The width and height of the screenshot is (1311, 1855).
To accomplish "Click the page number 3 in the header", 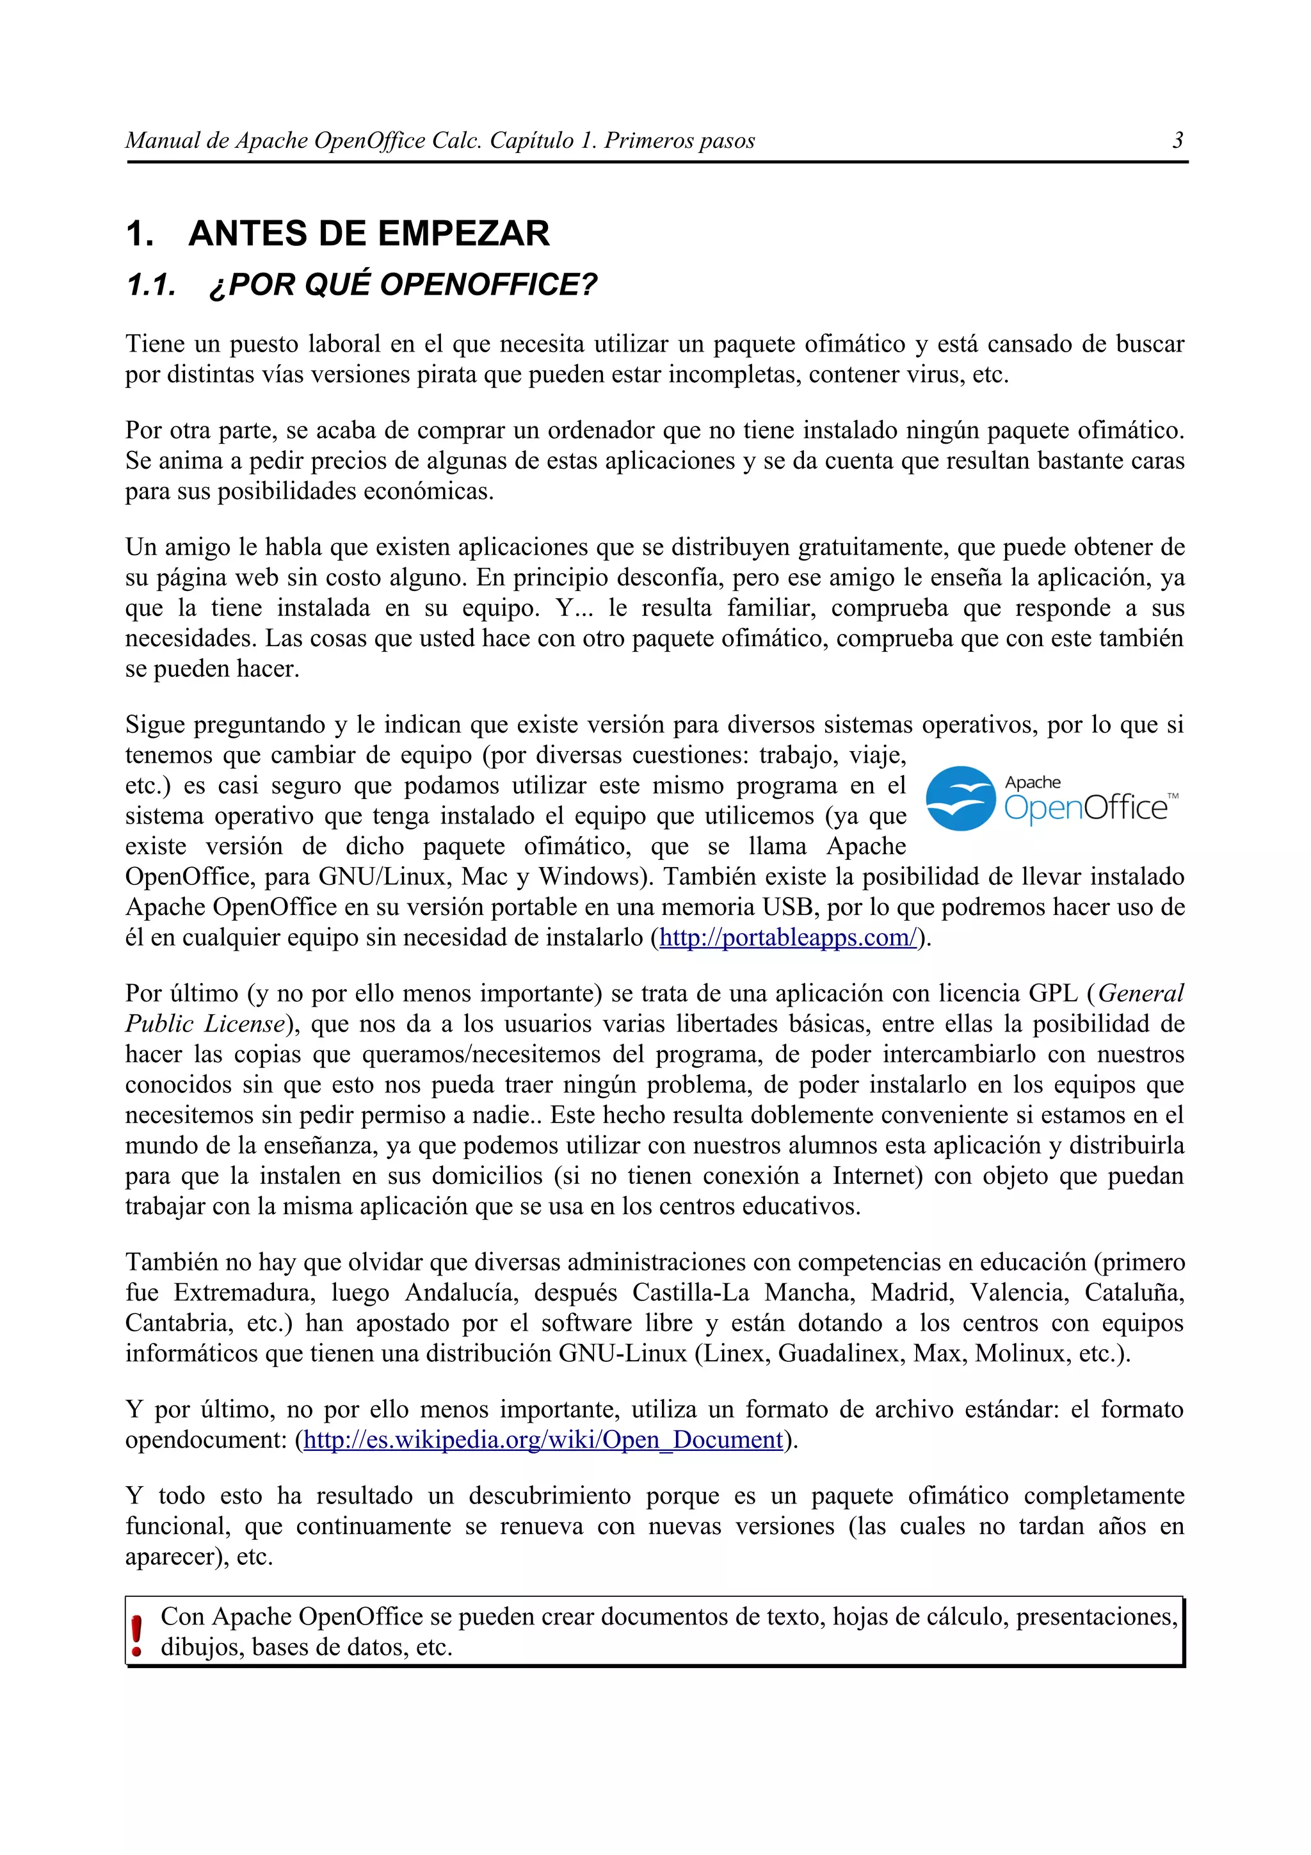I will click(1178, 141).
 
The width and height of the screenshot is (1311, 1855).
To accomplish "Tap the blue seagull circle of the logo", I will click(959, 798).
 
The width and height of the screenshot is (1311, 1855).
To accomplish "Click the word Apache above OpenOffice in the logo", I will click(1033, 782).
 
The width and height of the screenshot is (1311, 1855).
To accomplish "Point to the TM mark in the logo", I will click(1173, 796).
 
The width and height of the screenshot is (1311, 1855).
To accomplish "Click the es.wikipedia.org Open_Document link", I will click(543, 1439).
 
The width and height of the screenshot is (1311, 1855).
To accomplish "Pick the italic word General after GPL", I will click(1141, 993).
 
